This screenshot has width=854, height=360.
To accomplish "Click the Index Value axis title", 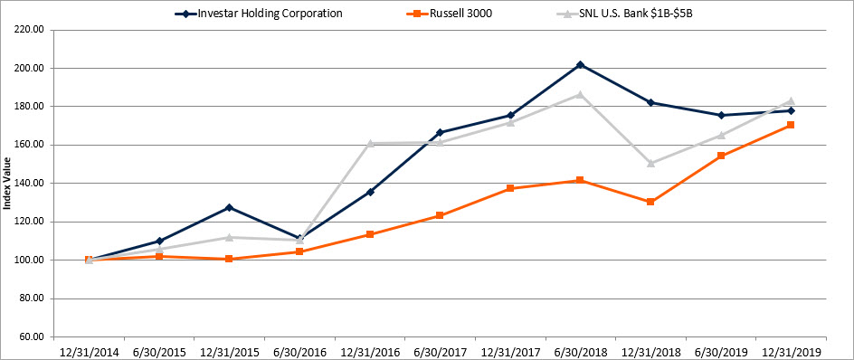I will click(8, 184).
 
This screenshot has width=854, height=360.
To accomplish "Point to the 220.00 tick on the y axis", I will click(28, 29).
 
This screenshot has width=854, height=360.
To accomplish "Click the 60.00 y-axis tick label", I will click(30, 336).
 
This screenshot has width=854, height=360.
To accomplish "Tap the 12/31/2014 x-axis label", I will click(88, 349).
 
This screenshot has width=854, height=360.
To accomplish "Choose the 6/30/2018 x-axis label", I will click(580, 349).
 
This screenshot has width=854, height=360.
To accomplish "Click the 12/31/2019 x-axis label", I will click(791, 349).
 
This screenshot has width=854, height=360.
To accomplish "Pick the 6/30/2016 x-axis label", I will click(299, 349).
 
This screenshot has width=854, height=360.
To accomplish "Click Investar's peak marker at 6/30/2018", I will click(580, 65).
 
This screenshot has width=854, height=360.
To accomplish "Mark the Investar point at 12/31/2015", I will click(229, 207).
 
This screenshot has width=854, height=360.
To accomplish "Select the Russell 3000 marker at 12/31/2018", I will click(650, 202).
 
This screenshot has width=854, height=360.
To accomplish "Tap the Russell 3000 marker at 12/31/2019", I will click(791, 125).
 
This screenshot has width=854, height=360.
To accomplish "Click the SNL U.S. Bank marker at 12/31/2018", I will click(650, 163).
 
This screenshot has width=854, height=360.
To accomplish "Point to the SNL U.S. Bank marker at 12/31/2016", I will click(369, 143).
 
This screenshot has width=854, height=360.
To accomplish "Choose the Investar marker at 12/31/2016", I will click(369, 192).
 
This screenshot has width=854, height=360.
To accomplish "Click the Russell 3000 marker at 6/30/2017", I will click(440, 215).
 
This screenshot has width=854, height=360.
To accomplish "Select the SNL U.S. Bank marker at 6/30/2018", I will click(580, 94).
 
